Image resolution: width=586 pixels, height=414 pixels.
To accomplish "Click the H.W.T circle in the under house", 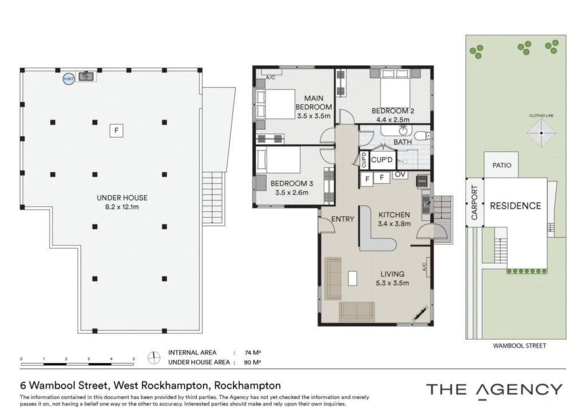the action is [x=69, y=78].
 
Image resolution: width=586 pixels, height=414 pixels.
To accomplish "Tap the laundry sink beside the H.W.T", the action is [x=87, y=77].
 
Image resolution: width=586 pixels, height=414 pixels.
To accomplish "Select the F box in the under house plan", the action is [x=116, y=130].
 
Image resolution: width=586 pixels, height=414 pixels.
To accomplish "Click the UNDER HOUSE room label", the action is [x=122, y=198].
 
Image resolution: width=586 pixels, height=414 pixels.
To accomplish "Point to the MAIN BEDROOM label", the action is [x=314, y=103].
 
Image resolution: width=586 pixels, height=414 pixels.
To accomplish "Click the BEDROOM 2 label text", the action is [x=393, y=111].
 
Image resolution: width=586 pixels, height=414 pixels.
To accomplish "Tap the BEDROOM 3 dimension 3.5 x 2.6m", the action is [x=291, y=193].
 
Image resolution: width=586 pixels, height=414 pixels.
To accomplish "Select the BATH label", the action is [x=402, y=142].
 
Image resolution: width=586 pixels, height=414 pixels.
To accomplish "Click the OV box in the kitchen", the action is [x=400, y=174].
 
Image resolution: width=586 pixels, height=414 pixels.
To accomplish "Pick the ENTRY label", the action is [x=342, y=219].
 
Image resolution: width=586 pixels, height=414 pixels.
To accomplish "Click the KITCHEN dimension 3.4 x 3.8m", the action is [x=394, y=224].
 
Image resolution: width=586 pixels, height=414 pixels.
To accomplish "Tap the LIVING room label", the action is [x=393, y=274].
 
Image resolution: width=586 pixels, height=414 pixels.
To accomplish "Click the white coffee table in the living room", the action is [x=352, y=278].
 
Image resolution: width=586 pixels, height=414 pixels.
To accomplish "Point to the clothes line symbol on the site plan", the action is [x=541, y=133].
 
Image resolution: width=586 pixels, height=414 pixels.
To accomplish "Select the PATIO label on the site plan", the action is [x=501, y=165].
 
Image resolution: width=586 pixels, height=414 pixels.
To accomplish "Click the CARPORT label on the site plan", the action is [x=474, y=202].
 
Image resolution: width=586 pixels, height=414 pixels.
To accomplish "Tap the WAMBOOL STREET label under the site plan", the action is [x=519, y=346].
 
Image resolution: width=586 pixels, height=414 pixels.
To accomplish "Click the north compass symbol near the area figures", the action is [x=153, y=358].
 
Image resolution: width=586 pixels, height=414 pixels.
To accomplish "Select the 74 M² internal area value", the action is [x=252, y=352].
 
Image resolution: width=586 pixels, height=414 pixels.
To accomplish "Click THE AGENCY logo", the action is [x=494, y=390].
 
